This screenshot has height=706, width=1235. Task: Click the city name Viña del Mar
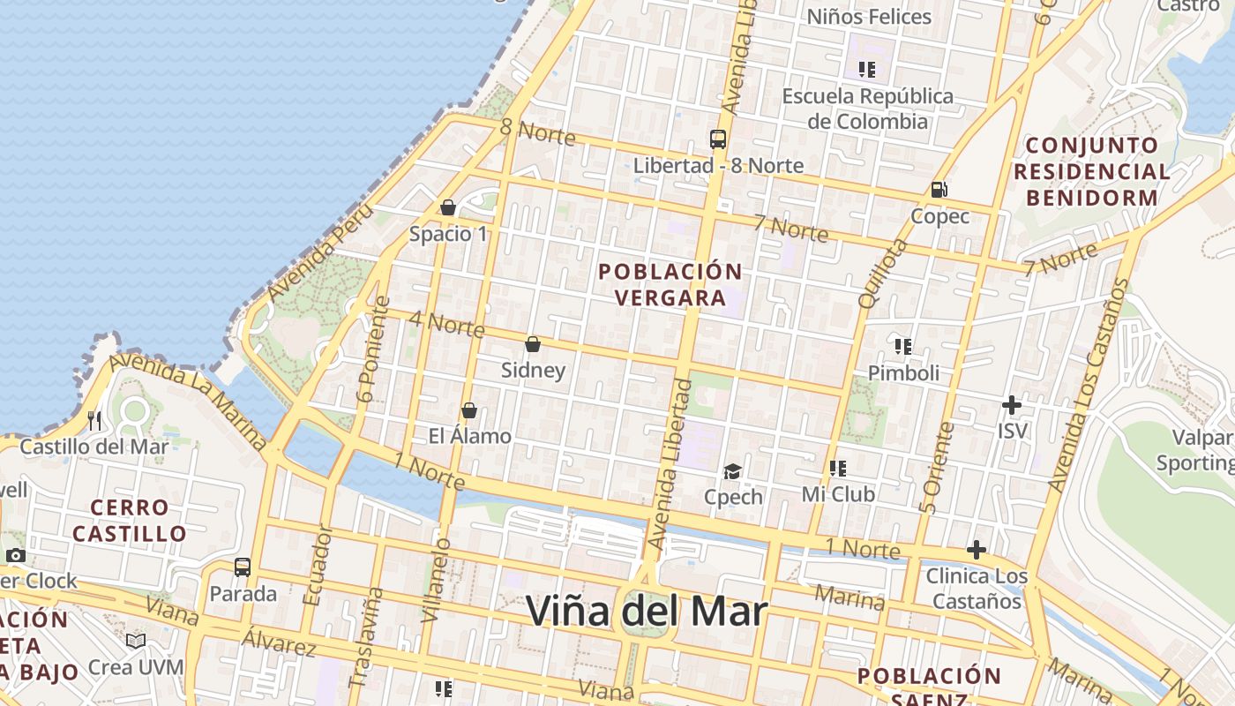[647, 611]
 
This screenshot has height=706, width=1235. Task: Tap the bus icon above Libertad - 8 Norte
[718, 139]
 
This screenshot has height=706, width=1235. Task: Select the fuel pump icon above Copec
[939, 190]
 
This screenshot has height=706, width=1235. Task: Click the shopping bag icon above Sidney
[533, 344]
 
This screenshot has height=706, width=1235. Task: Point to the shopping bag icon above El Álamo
[469, 410]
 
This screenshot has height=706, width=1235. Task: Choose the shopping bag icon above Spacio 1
[448, 207]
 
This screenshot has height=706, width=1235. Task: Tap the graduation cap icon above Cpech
[732, 471]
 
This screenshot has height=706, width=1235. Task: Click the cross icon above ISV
[1012, 405]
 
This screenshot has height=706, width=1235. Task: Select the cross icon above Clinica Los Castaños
[977, 550]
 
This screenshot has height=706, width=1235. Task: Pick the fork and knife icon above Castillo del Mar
[95, 420]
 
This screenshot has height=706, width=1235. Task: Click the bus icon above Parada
[243, 567]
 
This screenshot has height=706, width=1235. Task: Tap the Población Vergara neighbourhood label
[670, 284]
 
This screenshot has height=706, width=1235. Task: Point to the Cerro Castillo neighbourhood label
[130, 521]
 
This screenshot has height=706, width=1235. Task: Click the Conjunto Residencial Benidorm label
[1092, 171]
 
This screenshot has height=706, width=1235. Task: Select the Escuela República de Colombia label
[868, 109]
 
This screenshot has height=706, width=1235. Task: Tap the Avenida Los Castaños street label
[1089, 386]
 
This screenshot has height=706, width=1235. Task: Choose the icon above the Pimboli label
[902, 346]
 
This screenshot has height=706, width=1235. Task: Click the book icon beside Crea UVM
[136, 641]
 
